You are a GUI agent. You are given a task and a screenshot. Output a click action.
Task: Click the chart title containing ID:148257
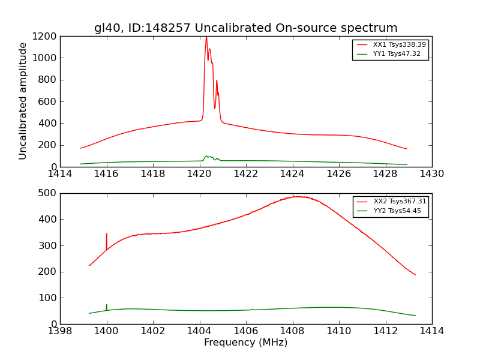245,28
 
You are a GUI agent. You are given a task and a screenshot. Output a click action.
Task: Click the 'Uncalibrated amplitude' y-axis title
23,101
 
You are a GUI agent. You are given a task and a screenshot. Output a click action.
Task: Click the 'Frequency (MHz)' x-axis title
245,343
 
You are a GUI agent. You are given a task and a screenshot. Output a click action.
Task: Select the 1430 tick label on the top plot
431,174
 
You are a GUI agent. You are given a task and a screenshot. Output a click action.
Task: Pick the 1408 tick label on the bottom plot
292,331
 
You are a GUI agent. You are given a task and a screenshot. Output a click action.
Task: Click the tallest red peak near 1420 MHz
206,38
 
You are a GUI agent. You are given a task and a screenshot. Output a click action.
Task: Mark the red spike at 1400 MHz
107,235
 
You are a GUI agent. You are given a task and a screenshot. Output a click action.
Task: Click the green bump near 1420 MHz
207,157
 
